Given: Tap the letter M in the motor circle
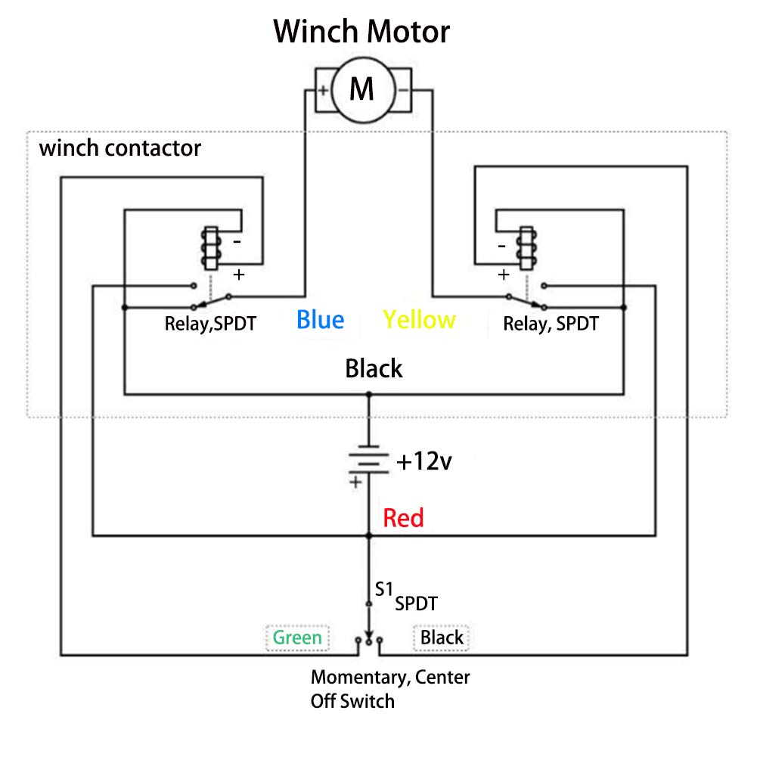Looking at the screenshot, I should [362, 89].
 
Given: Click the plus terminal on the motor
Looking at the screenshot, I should [323, 92].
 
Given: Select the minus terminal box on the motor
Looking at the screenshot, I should [403, 92].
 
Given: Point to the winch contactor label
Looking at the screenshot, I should [120, 147].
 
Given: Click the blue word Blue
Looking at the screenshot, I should [320, 320].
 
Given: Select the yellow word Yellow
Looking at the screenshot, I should [419, 320].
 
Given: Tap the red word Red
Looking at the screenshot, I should [403, 518].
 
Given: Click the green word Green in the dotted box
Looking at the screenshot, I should [297, 638].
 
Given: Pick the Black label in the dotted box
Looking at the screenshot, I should [442, 638].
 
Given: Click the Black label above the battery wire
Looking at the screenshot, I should [374, 369].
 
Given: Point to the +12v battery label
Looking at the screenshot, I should [423, 461].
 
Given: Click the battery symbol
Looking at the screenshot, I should [368, 459].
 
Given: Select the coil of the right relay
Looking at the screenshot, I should [524, 248].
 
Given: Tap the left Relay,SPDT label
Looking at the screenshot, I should [210, 324].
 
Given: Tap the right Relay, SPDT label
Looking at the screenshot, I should [551, 324].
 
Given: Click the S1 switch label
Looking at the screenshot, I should [383, 587].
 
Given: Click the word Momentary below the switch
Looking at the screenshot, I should [359, 677].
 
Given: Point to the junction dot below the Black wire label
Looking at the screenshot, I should [369, 394].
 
